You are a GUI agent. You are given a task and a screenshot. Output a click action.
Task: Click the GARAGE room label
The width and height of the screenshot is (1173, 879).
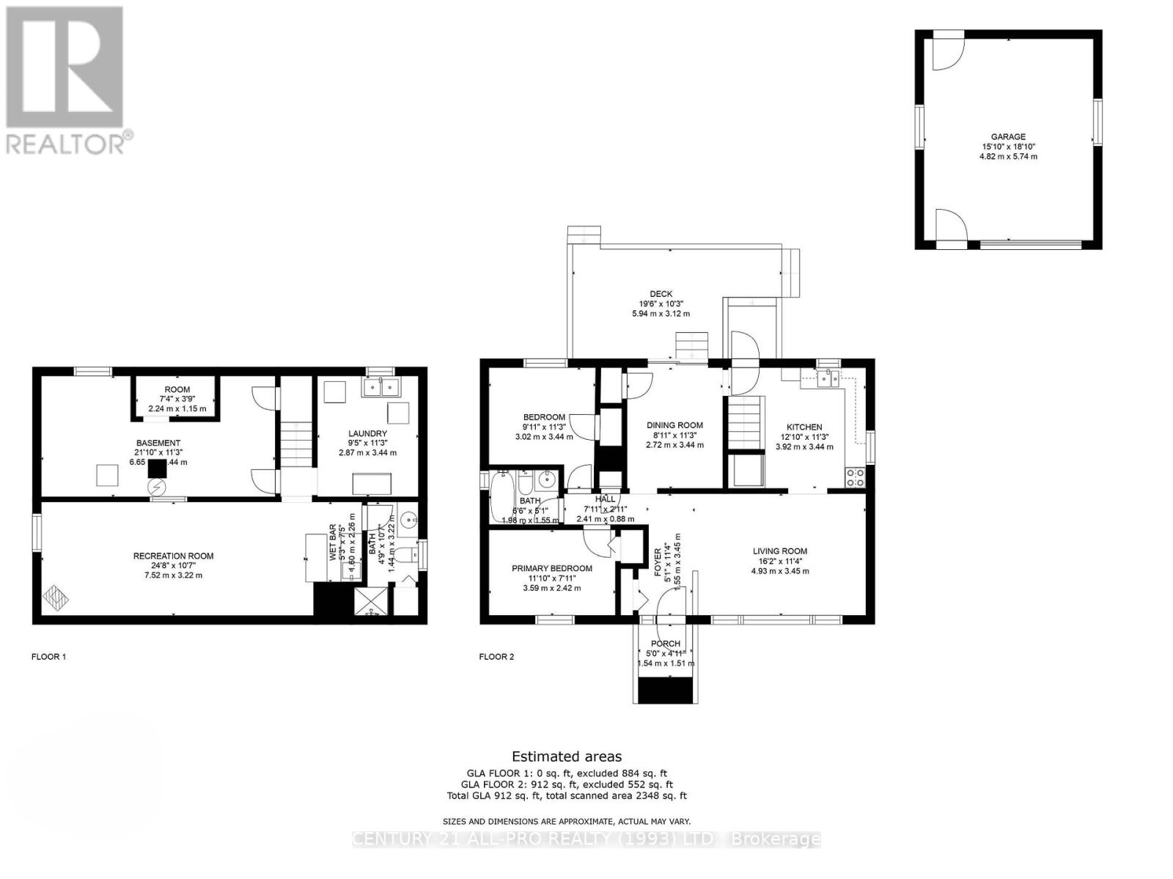[1008, 136]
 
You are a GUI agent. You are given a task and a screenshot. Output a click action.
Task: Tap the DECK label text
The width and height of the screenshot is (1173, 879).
[661, 294]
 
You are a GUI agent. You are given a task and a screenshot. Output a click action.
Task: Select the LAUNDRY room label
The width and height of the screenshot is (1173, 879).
[367, 434]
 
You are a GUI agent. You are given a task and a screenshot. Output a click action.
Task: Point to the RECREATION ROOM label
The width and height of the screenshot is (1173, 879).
[173, 556]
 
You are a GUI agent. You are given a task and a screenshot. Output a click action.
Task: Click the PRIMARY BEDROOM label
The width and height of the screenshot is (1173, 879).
[551, 568]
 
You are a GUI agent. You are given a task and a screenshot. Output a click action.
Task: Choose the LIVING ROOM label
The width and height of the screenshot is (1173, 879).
[779, 551]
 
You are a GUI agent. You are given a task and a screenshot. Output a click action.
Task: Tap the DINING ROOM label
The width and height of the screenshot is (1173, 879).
[674, 425]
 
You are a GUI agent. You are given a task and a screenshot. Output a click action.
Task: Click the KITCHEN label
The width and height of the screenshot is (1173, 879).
[804, 427]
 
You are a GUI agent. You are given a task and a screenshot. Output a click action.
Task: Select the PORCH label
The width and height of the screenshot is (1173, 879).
[665, 644]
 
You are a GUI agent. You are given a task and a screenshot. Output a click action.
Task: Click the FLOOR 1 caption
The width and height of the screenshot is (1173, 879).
[48, 657]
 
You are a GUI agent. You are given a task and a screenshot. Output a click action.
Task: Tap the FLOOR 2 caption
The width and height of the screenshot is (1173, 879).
[496, 657]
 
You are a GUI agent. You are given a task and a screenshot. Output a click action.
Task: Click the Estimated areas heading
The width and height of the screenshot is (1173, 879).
[566, 757]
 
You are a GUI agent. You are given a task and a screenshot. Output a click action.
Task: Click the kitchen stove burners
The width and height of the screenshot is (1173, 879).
[855, 478]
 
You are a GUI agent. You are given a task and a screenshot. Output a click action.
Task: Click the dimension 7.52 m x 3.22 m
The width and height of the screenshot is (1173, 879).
[173, 575]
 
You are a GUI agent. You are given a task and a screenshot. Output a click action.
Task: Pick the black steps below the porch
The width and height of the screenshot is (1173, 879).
[666, 690]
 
